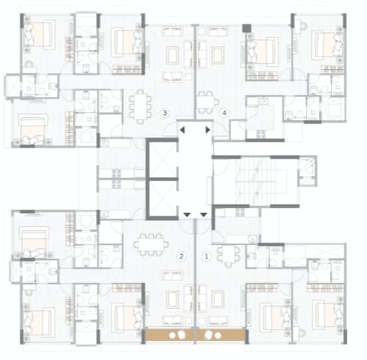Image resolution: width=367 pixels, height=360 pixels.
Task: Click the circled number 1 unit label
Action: pyautogui.click(x=206, y=256)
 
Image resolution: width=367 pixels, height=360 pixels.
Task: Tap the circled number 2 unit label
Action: pyautogui.click(x=181, y=256)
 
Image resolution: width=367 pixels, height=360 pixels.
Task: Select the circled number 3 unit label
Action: pyautogui.click(x=165, y=113)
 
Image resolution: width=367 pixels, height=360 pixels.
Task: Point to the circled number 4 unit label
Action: pyautogui.click(x=224, y=113)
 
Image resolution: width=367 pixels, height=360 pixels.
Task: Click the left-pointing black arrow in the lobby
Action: pyautogui.click(x=182, y=130)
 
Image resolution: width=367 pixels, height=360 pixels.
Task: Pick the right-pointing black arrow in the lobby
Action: pyautogui.click(x=207, y=130)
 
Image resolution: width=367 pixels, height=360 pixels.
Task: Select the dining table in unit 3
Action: pyautogui.click(x=141, y=106)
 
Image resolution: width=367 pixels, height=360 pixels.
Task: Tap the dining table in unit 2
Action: pyautogui.click(x=151, y=244)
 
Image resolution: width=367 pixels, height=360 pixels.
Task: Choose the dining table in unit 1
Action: pyautogui.click(x=229, y=254)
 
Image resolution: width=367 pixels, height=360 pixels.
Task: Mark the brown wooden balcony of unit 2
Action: pyautogui.click(x=169, y=335)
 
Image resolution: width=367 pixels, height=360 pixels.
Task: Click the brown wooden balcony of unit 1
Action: pyautogui.click(x=221, y=335)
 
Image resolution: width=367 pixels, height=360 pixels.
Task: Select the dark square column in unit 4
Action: pyautogui.click(x=247, y=28)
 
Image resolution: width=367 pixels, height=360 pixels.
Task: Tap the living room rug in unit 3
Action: pyautogui.click(x=172, y=55)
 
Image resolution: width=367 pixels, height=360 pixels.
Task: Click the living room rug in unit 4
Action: pyautogui.click(x=218, y=55)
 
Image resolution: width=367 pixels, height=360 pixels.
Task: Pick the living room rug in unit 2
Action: pyautogui.click(x=172, y=299)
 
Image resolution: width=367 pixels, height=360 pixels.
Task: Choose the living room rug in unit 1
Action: pyautogui.click(x=218, y=299)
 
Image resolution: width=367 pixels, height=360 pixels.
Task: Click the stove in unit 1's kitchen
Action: pyautogui.click(x=240, y=212)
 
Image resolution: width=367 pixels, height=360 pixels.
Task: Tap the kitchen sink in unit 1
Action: pyautogui.click(x=252, y=239)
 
